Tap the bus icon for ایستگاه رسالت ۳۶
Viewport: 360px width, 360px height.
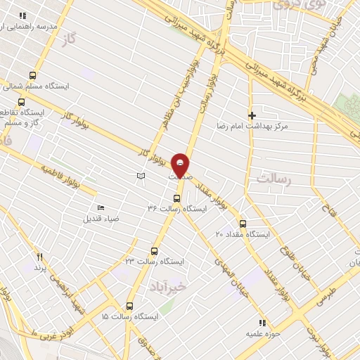pyautogui.click(x=176, y=198)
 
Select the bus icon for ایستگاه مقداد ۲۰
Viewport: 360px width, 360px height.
pyautogui.click(x=243, y=223)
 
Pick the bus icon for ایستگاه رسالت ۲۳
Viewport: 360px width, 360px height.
pyautogui.click(x=155, y=251)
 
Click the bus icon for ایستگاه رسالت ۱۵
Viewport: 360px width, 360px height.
pyautogui.click(x=129, y=306)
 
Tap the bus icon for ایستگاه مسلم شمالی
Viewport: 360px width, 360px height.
pyautogui.click(x=32, y=75)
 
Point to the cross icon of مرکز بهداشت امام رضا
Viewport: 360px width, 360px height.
pyautogui.click(x=252, y=115)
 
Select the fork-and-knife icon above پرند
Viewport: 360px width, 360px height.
pyautogui.click(x=40, y=257)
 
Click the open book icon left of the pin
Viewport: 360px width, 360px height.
pyautogui.click(x=141, y=176)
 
